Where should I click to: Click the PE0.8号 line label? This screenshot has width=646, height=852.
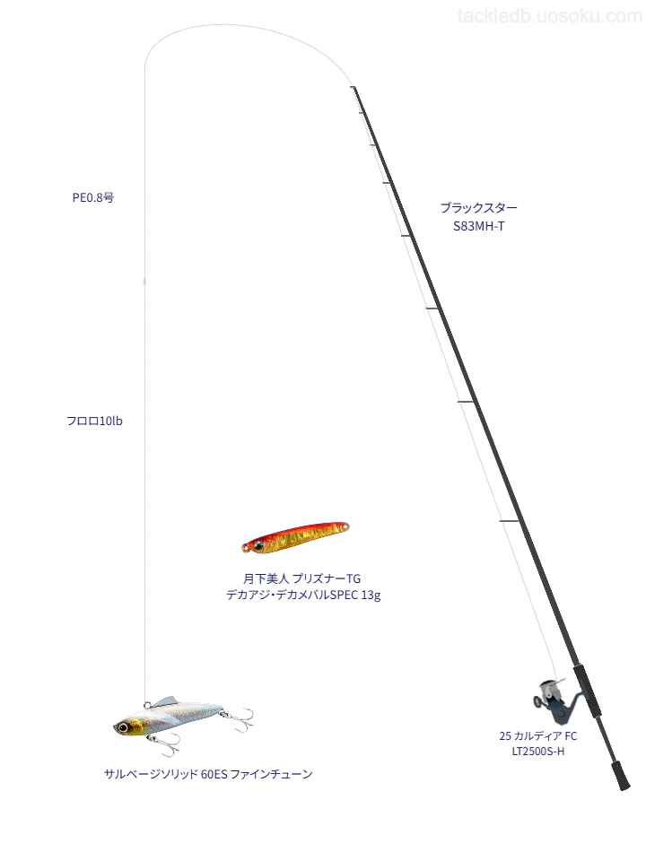coord(93,198)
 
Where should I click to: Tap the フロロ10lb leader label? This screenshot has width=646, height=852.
coord(94,422)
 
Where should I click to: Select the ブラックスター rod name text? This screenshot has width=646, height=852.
coord(478,207)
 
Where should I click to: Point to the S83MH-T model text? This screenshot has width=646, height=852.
coord(478,227)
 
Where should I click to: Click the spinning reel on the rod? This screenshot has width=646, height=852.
coord(554,702)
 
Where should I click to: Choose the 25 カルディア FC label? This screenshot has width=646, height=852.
coord(537,735)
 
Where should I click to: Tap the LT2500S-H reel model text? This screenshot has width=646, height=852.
coord(537,752)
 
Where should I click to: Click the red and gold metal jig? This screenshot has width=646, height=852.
coord(295,537)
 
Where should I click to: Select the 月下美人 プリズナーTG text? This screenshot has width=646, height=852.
coord(301,578)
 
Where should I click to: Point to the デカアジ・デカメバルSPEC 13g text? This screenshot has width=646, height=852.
coord(303,595)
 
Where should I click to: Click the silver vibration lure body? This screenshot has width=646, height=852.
coord(169,717)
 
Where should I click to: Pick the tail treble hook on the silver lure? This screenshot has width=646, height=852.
coord(240,718)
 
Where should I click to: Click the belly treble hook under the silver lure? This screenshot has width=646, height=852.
coord(166,744)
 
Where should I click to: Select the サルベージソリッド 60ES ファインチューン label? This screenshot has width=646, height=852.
coord(208,774)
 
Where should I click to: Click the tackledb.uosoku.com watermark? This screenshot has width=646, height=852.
coord(550,16)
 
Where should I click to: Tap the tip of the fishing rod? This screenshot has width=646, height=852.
coord(353,87)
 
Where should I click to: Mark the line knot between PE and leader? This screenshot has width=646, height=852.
coord(144,281)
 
